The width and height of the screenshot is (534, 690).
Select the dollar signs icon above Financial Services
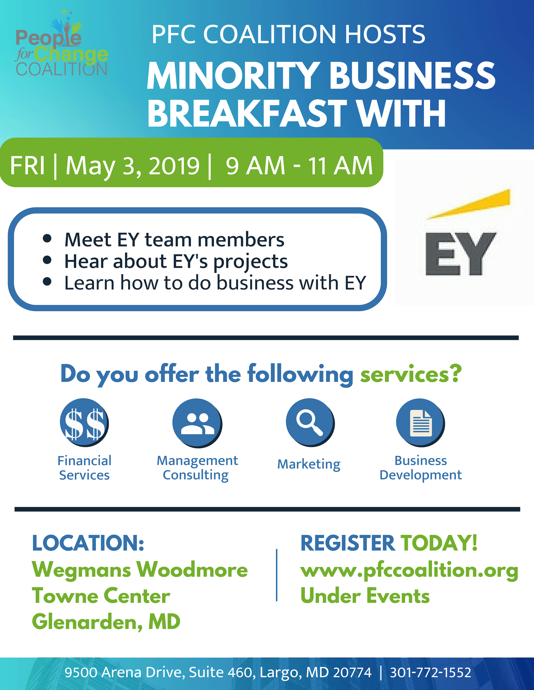(x=84, y=423)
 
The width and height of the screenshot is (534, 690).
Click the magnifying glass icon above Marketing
(x=310, y=423)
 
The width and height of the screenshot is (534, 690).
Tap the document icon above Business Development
(x=420, y=423)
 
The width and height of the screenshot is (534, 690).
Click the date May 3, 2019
(x=133, y=166)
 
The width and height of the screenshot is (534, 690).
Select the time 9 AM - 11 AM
(x=299, y=166)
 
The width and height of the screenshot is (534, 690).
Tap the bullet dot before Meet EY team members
(x=47, y=239)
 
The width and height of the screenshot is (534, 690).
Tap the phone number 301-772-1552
(x=431, y=672)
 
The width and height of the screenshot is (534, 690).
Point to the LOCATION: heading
(x=88, y=543)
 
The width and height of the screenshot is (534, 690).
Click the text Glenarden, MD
(x=106, y=622)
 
